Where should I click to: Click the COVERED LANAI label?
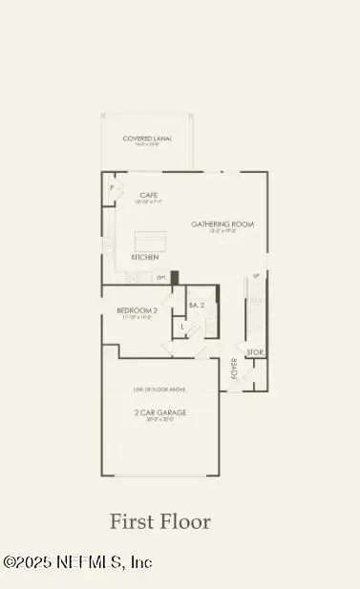coord(147,138)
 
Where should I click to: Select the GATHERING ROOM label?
coord(222,224)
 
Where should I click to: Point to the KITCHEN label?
coord(145,258)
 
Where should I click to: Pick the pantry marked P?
coord(112,189)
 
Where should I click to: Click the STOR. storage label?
coord(255,353)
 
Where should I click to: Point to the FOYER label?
coord(235,368)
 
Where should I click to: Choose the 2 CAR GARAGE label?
coord(159,412)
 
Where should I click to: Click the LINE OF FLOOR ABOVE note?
coord(159,389)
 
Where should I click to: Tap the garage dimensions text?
coord(159,421)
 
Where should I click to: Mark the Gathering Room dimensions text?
coord(222,232)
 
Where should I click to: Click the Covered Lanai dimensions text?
coord(147,145)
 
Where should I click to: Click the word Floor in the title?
coord(186,522)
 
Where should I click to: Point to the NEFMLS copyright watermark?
coord(77,562)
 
